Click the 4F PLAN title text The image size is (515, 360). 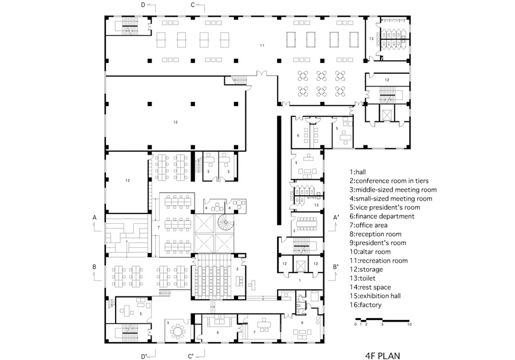pos(383,355)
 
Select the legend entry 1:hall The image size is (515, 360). pos(358,172)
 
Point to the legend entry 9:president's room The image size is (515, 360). pos(378,243)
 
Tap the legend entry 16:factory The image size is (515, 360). pos(366,305)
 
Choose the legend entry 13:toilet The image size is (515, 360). pos(363,278)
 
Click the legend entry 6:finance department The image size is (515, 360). pos(382,216)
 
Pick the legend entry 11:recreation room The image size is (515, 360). pos(379,260)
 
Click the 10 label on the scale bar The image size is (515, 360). pos(409,325)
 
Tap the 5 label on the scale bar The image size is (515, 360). pos(382,325)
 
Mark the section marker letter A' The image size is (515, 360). pos(336,217)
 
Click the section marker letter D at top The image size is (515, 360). pos(143,5)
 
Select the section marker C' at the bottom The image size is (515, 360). pos(191,357)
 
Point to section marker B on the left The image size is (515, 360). pos(94,267)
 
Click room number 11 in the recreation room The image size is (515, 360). pos(262,45)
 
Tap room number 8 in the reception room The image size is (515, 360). pos(217,333)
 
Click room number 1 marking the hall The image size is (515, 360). pos(299,280)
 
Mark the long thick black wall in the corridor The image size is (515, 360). pos(279,170)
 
